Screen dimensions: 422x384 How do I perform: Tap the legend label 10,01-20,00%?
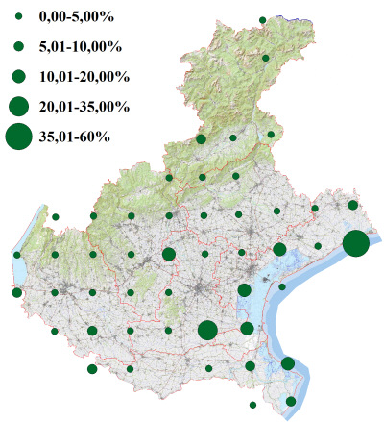click(x=84, y=76)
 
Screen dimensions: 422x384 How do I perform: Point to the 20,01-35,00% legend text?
click(x=84, y=106)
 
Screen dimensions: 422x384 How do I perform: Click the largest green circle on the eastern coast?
click(x=355, y=243)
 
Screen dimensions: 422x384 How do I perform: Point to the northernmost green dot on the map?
click(x=262, y=18)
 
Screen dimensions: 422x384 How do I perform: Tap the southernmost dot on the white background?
click(x=252, y=405)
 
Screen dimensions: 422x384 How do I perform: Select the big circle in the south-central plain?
click(x=207, y=331)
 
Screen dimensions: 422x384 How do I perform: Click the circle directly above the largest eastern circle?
click(x=353, y=205)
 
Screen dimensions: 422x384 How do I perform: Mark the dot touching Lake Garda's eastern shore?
click(x=17, y=255)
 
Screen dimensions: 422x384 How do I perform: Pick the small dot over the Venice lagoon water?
click(x=282, y=286)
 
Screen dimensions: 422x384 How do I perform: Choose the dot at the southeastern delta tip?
click(x=291, y=401)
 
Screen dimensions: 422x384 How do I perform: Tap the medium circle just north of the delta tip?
click(x=287, y=363)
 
